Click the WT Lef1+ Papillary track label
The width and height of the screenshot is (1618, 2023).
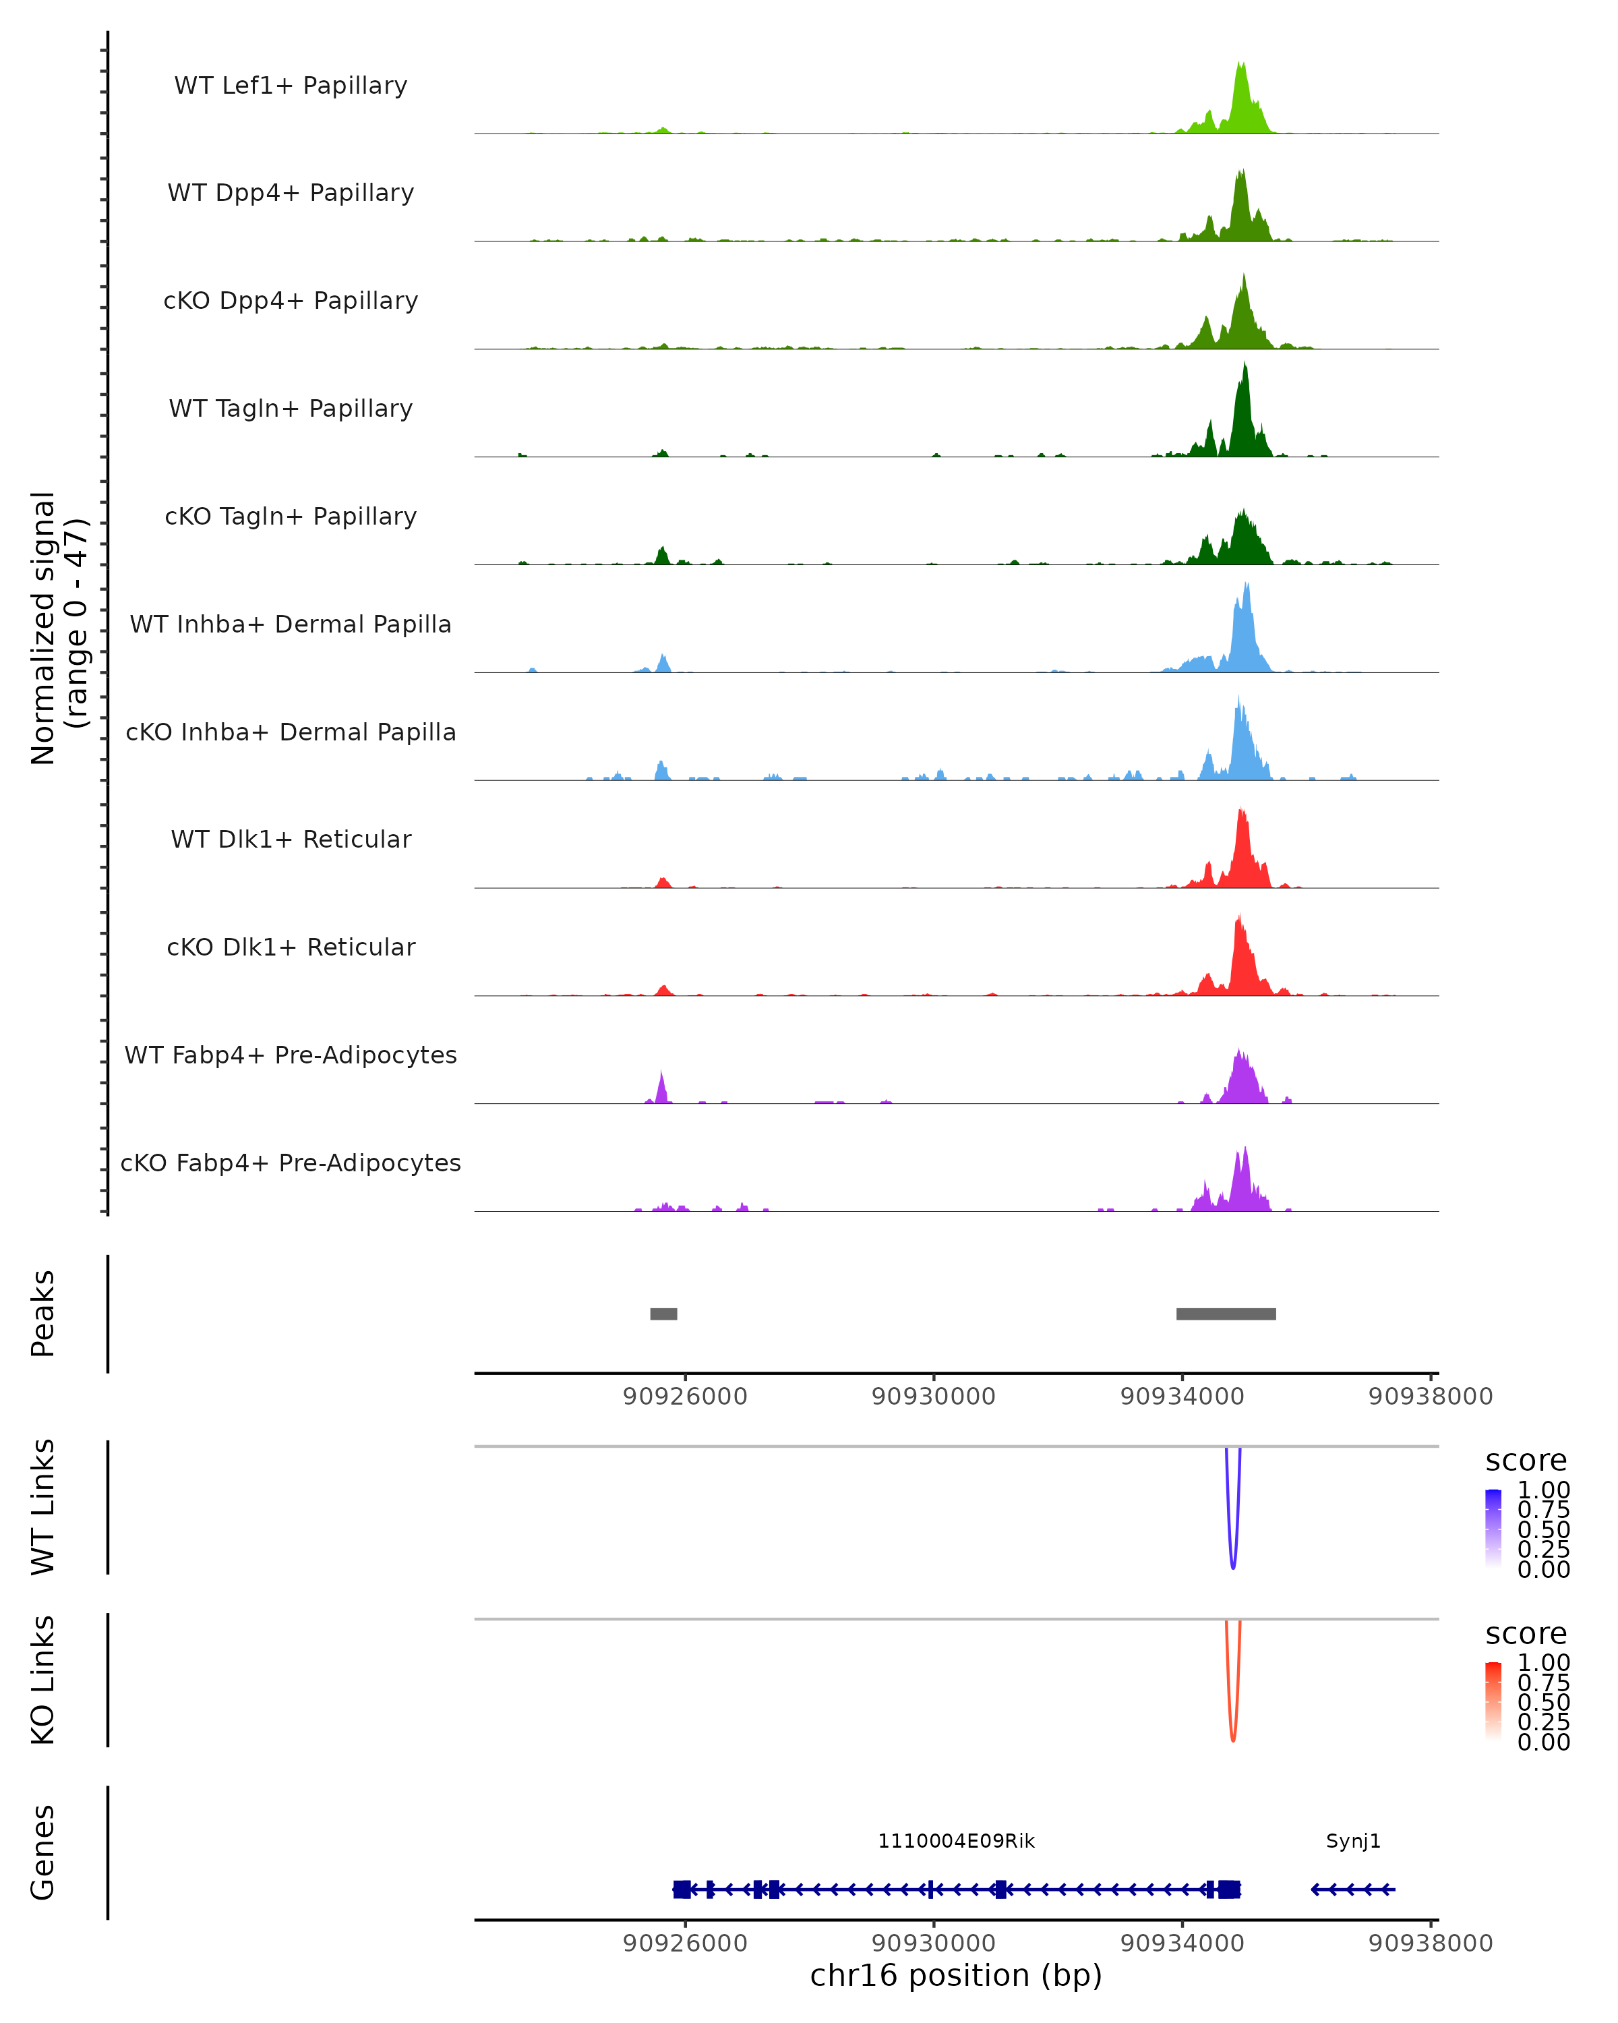click(291, 86)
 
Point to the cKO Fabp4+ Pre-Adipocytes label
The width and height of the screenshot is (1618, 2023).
click(291, 1163)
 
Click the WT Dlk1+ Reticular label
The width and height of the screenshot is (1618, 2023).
click(291, 839)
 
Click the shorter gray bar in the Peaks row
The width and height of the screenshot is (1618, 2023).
click(663, 1314)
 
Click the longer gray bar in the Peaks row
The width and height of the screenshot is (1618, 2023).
click(1226, 1314)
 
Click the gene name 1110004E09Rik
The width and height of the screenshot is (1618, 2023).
click(956, 1841)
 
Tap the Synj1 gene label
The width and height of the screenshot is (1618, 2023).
click(1352, 1841)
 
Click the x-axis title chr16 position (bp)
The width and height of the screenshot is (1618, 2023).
click(956, 1976)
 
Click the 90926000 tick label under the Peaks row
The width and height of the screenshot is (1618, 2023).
click(685, 1397)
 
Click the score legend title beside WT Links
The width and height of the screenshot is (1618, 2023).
click(1525, 1461)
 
